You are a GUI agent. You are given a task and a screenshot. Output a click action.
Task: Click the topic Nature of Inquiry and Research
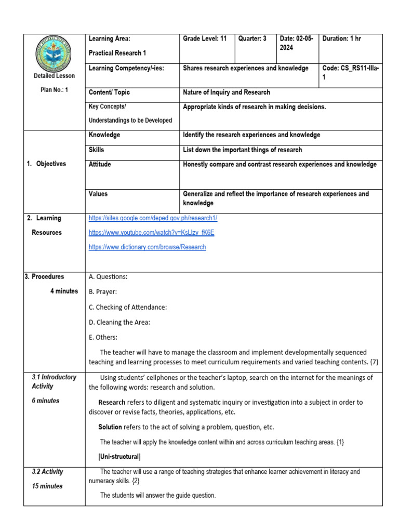tap(227, 92)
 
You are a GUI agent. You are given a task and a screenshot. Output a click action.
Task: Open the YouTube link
tap(151, 233)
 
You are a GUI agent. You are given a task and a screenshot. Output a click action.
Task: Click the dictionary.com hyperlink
tap(147, 247)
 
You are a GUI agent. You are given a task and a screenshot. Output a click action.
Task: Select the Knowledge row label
tap(104, 135)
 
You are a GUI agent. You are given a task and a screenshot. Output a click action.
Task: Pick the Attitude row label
tap(100, 165)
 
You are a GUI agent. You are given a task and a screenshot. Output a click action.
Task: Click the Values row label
tap(99, 194)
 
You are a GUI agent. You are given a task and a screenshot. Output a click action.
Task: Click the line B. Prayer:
tap(103, 292)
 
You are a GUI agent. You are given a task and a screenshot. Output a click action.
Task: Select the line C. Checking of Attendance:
tap(128, 307)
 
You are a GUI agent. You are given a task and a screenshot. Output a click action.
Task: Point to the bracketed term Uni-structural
tap(119, 457)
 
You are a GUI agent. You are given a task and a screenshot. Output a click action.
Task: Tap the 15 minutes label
tap(47, 486)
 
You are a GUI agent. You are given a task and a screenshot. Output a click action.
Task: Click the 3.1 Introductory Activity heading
tap(54, 382)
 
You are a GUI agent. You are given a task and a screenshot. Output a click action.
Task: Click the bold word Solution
tap(110, 427)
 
